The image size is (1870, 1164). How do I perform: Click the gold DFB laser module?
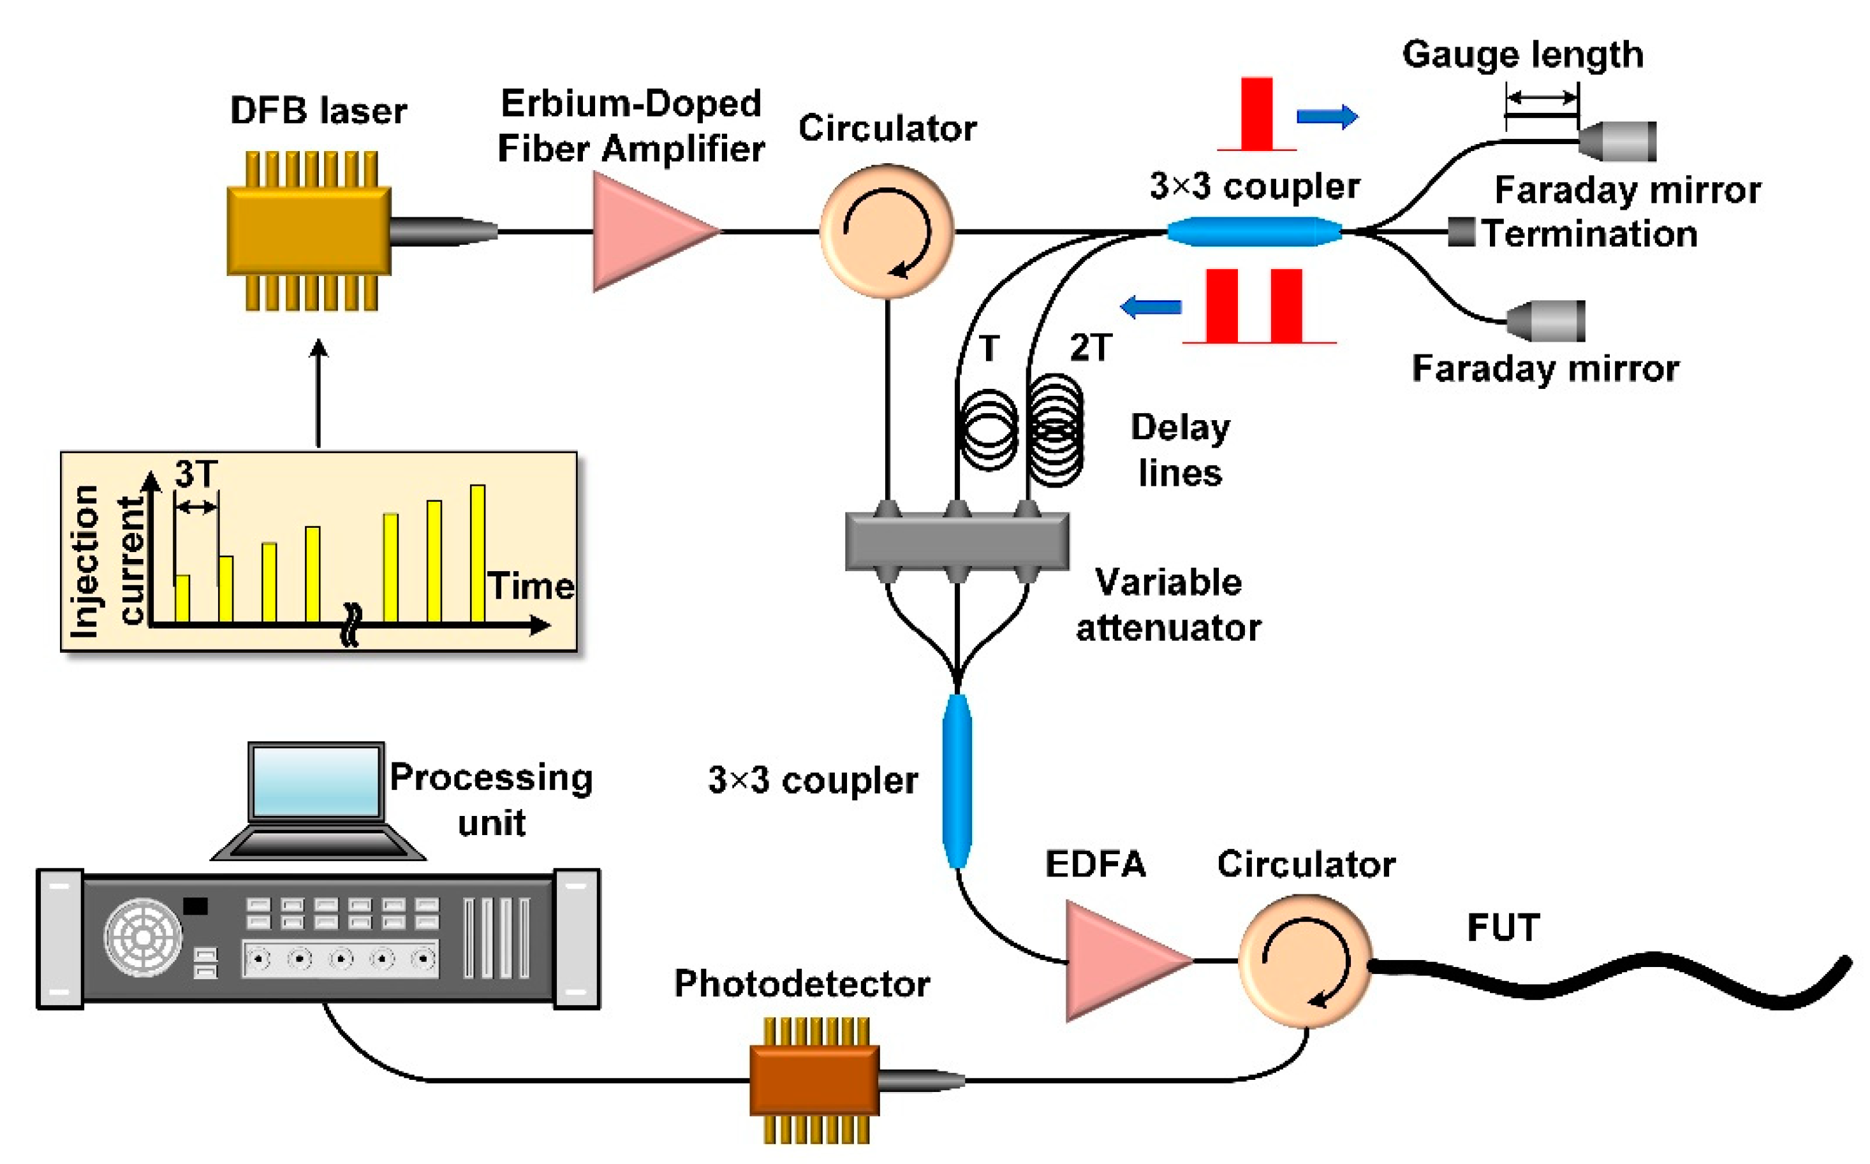point(309,231)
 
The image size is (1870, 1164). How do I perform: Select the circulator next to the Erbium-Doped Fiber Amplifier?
point(887,231)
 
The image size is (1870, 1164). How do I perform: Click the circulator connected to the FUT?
point(1306,961)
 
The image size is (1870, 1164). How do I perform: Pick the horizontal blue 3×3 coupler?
point(1254,231)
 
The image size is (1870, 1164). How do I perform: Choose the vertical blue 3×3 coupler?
point(957,781)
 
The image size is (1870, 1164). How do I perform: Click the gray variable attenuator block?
point(957,542)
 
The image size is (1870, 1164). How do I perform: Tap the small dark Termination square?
point(1461,232)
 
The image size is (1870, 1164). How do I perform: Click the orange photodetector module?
point(814,1079)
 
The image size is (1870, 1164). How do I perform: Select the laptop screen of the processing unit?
point(316,782)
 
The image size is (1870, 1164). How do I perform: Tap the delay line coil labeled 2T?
point(1057,430)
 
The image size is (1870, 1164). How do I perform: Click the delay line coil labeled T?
point(987,430)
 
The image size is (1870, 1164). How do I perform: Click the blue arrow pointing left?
point(1151,307)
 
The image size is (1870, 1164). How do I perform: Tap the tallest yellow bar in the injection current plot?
point(478,553)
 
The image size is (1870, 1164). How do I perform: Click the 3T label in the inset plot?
point(196,474)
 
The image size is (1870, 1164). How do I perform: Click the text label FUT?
point(1503,928)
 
